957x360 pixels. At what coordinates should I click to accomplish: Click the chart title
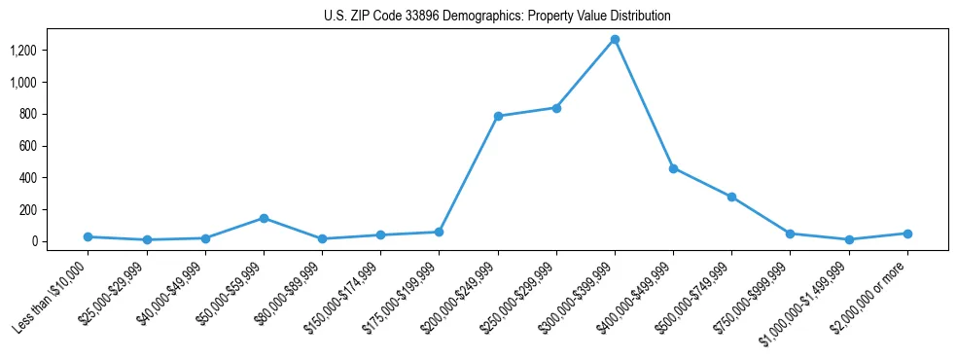point(497,16)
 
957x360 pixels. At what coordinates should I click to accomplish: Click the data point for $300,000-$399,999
point(615,40)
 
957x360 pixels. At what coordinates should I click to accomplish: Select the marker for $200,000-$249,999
point(498,116)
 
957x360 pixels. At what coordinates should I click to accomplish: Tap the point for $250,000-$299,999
point(556,108)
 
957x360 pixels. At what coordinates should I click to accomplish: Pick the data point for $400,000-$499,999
point(673,168)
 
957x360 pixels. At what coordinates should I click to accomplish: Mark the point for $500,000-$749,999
point(731,197)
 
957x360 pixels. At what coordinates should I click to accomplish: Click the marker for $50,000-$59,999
point(264,218)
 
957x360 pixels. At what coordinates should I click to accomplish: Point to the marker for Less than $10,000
point(89,236)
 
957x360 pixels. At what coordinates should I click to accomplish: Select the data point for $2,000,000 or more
point(907,234)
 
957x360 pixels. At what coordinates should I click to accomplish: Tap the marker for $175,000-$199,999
point(439,232)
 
